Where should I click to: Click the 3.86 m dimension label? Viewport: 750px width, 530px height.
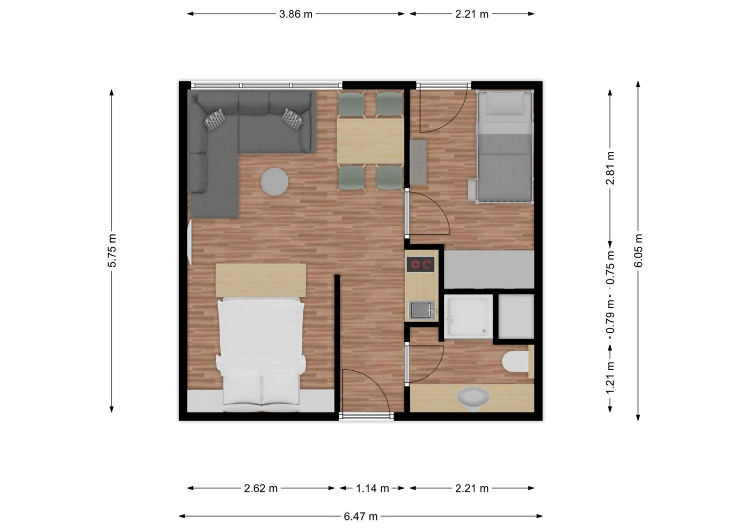[x=296, y=14]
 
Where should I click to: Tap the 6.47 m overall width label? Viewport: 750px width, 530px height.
[x=360, y=517]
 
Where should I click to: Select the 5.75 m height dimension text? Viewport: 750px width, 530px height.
[x=112, y=251]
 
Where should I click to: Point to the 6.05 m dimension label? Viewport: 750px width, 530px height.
[x=638, y=251]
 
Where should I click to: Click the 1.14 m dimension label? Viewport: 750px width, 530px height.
[x=372, y=488]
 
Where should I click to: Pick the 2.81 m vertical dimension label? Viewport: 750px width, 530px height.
[x=610, y=168]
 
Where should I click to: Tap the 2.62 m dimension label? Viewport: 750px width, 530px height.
[x=261, y=488]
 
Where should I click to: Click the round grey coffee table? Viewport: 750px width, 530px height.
[x=275, y=181]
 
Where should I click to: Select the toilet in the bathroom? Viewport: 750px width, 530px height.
[x=516, y=361]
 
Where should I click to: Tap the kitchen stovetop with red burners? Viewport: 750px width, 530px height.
[x=421, y=265]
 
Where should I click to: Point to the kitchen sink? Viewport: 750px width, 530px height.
[x=422, y=310]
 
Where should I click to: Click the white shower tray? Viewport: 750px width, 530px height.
[x=468, y=316]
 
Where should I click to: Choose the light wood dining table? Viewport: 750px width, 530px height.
[x=370, y=141]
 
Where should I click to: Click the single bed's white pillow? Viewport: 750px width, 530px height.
[x=504, y=104]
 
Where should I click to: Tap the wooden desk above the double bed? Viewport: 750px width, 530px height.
[x=261, y=280]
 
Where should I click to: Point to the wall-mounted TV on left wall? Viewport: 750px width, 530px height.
[x=189, y=243]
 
